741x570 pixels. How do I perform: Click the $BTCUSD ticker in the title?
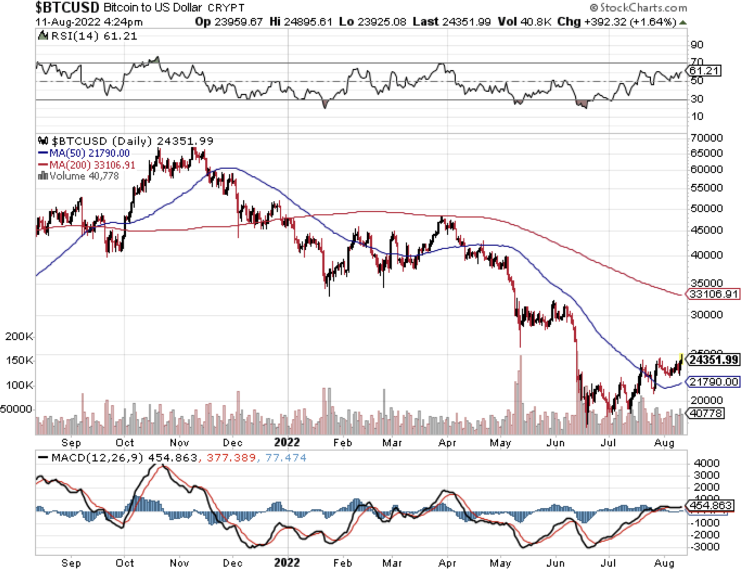[67, 8]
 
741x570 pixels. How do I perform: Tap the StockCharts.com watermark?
[638, 8]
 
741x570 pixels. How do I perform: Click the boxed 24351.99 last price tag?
[714, 360]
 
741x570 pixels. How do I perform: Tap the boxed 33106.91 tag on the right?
[714, 294]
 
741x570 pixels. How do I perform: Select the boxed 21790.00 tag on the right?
[714, 382]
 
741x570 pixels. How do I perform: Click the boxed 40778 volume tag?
[706, 413]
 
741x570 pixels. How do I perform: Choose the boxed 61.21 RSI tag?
[705, 71]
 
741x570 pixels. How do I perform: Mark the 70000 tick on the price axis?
[707, 138]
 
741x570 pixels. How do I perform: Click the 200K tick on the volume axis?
[19, 337]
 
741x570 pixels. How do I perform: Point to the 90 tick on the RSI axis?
[697, 45]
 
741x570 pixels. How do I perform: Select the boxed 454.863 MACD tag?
[711, 505]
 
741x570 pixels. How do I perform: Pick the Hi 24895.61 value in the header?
[301, 22]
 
